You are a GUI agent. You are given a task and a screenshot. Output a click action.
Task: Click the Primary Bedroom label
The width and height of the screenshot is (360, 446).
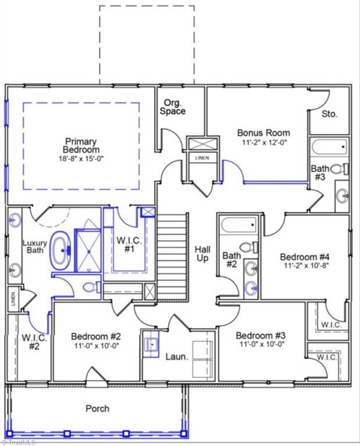(x=81, y=145)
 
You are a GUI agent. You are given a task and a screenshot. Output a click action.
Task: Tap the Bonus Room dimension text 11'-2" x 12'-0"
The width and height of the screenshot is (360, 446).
(x=264, y=142)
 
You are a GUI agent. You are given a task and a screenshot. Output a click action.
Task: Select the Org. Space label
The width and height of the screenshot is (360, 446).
(x=172, y=107)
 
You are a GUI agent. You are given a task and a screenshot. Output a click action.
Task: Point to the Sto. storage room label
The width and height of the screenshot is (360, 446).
(x=330, y=114)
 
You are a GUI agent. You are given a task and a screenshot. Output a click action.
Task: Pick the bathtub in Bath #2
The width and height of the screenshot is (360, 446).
(x=239, y=225)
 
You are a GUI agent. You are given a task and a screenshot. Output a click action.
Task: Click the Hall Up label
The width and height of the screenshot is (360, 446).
(x=202, y=254)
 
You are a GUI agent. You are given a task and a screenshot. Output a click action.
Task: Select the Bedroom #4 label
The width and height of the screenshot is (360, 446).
(x=304, y=257)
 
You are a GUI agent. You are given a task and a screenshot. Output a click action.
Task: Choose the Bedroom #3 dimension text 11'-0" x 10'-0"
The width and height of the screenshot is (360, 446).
(x=262, y=344)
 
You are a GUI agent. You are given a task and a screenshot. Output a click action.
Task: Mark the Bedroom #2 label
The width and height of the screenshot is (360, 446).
(x=96, y=336)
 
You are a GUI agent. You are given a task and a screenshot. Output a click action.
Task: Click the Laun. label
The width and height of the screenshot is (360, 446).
(x=177, y=357)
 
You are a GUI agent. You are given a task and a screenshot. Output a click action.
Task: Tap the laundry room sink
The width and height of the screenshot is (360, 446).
(x=151, y=344)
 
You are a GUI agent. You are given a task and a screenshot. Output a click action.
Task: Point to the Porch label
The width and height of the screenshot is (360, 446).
(x=98, y=409)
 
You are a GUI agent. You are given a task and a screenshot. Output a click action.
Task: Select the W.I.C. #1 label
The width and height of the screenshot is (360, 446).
(x=129, y=244)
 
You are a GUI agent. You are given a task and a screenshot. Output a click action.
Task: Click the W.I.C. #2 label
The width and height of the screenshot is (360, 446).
(x=34, y=342)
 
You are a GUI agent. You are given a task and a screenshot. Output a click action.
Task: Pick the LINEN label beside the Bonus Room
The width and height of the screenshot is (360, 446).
(x=202, y=158)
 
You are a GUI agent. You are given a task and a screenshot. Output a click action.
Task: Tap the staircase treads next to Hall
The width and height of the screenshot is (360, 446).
(x=172, y=257)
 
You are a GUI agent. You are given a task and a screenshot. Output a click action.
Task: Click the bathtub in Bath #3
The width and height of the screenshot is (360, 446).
(x=329, y=147)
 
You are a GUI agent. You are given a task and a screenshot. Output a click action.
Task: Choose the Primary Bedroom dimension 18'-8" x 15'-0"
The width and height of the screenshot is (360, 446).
(x=81, y=159)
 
